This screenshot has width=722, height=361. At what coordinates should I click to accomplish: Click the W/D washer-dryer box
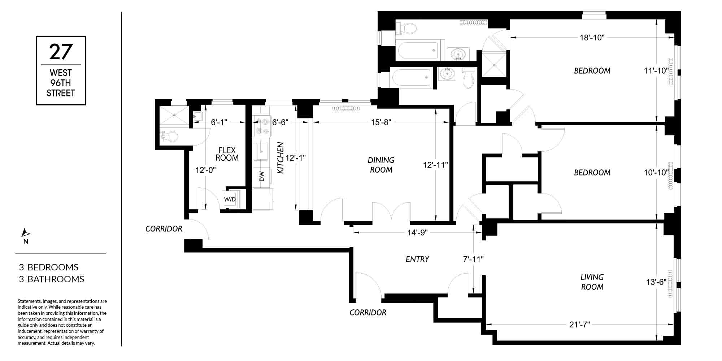(230, 199)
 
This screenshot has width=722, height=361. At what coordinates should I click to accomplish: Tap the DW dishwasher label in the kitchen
(262, 177)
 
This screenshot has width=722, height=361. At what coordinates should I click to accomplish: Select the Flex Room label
(227, 154)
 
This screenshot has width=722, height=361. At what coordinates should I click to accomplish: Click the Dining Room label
(381, 165)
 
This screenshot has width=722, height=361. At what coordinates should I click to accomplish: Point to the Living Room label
(592, 282)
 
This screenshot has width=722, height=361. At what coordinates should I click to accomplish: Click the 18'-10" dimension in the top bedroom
(592, 37)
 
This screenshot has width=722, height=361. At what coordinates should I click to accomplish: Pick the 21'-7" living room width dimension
(579, 325)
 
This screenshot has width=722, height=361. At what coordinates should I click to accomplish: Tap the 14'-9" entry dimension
(417, 232)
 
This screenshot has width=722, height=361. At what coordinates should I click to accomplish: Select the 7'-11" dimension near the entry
(473, 259)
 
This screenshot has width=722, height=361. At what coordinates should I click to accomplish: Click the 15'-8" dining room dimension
(381, 122)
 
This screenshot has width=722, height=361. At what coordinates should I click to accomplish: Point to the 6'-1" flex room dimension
(219, 122)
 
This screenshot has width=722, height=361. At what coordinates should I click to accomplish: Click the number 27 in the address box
(61, 52)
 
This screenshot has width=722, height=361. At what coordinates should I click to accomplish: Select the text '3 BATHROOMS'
(52, 279)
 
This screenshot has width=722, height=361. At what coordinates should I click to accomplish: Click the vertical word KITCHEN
(280, 158)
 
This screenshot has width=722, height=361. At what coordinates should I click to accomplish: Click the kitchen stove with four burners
(261, 126)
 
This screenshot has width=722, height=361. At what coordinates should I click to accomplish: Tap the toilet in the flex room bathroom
(169, 136)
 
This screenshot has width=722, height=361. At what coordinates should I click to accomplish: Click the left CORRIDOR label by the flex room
(164, 229)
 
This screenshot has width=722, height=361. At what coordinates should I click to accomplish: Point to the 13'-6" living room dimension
(656, 282)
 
